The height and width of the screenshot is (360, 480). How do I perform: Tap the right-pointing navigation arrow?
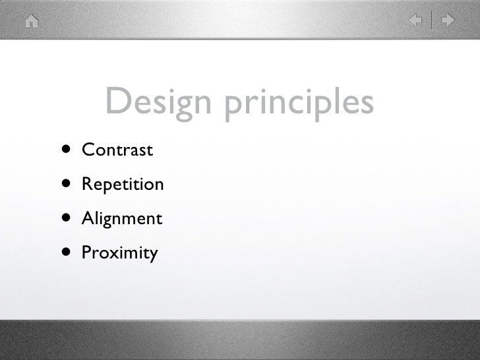[448, 21]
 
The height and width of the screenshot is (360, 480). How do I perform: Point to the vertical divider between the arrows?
[433, 21]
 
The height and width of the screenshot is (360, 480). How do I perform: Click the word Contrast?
[117, 150]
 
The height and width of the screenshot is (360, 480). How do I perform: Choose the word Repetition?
[122, 184]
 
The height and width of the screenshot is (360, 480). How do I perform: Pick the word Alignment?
[121, 218]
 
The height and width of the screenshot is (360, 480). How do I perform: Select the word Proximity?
[119, 253]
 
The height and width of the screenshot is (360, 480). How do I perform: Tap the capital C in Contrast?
[87, 150]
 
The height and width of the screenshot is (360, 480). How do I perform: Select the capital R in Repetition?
[86, 184]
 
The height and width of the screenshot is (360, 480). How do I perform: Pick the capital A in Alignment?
[87, 218]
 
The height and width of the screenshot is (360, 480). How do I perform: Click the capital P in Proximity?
[86, 252]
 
